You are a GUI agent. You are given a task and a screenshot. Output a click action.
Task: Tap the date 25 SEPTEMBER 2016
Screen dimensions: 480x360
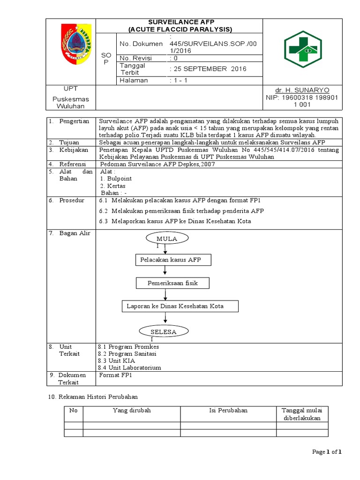point(208,69)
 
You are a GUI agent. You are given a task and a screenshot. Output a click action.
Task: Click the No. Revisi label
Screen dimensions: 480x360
point(136,58)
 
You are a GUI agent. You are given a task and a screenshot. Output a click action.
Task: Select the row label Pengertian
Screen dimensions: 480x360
point(74,121)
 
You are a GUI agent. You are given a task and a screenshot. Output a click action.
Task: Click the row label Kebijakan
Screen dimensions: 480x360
point(74,150)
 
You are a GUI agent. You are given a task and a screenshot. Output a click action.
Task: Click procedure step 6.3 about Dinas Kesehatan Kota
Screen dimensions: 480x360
point(175,221)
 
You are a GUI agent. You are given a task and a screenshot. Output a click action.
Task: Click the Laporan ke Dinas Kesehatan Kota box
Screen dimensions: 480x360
point(180,306)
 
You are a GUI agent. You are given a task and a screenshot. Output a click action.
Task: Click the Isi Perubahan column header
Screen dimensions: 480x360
point(228,410)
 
